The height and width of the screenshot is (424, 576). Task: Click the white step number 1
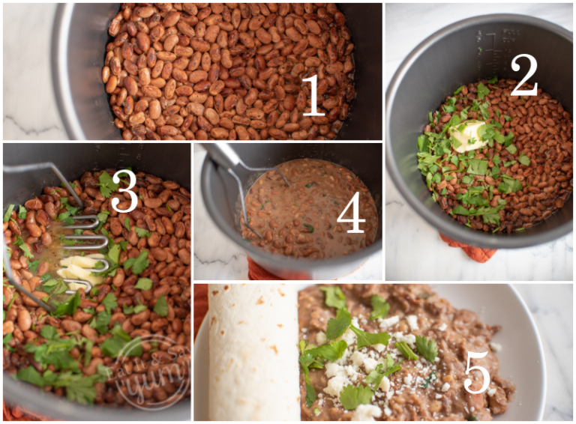313,95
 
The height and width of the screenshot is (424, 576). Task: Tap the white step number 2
524,75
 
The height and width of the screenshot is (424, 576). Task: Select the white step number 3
124,193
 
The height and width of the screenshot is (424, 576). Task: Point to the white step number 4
350,216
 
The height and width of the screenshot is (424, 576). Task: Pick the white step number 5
477,372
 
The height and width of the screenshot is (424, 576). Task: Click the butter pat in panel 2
468,135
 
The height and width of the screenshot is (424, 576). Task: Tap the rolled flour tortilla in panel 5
253,352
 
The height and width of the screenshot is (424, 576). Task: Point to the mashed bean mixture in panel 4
315,206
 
